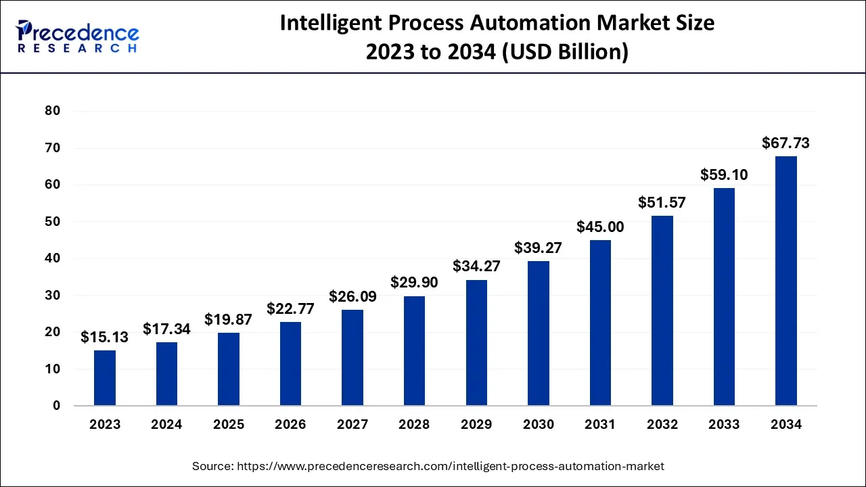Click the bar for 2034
[x=785, y=281]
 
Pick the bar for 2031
[x=600, y=323]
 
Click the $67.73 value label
[x=785, y=143]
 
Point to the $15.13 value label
[x=104, y=336]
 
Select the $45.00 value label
[x=600, y=227]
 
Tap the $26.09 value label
[x=352, y=296]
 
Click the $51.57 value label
[x=662, y=202]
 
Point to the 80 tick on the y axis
[x=52, y=111]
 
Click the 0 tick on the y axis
[x=56, y=406]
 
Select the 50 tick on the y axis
[x=52, y=222]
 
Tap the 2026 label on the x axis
[x=290, y=425]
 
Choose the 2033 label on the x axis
[x=724, y=425]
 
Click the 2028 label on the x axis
[x=414, y=425]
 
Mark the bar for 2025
[x=229, y=369]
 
